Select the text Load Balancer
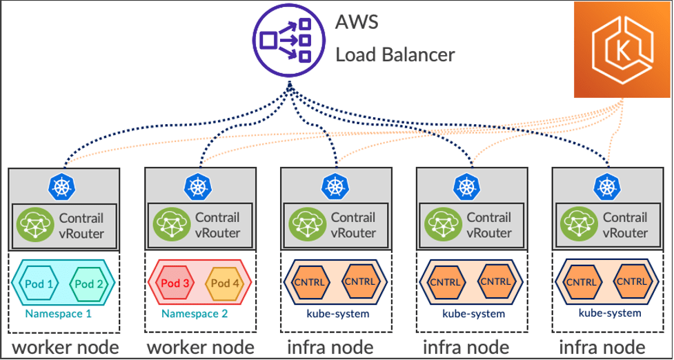click(x=395, y=54)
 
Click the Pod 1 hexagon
click(x=39, y=284)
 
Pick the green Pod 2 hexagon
click(x=89, y=284)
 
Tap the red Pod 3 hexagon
click(x=175, y=284)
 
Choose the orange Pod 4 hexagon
click(x=225, y=284)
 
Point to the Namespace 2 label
click(x=195, y=313)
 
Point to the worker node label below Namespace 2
click(x=200, y=346)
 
